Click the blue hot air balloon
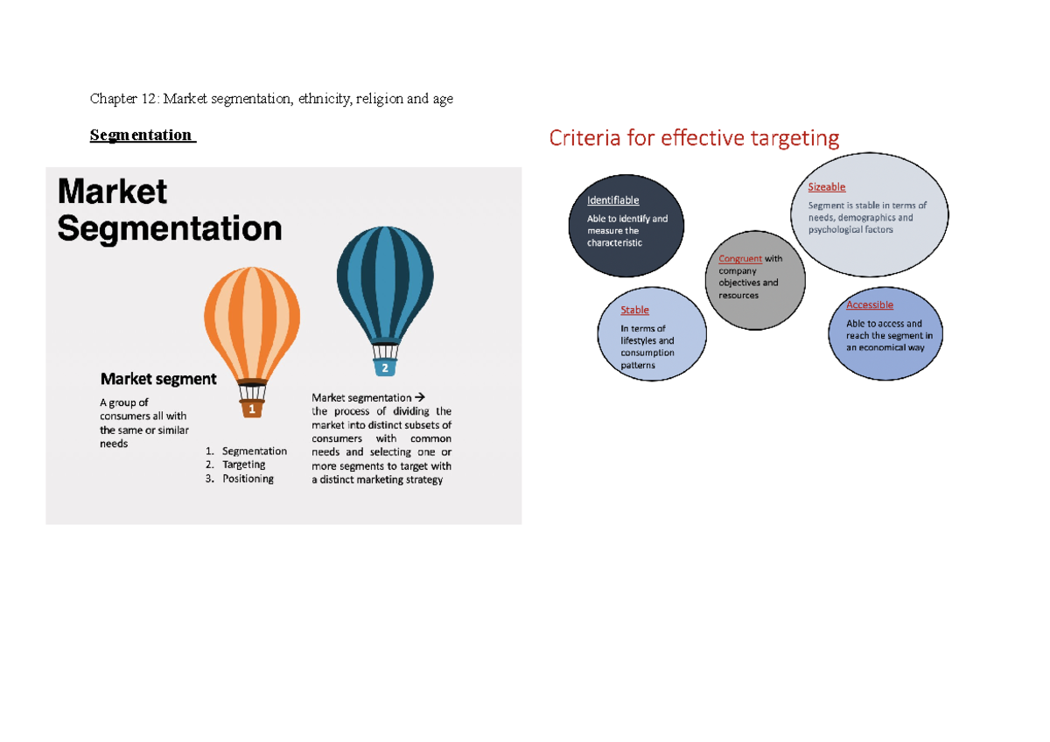[x=384, y=280]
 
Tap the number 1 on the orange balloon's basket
[x=252, y=409]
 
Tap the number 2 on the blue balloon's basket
[x=384, y=368]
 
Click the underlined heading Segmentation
[x=141, y=135]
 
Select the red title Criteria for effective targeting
[x=694, y=138]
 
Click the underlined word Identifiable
[x=613, y=200]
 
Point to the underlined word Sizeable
[x=827, y=186]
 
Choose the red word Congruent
[x=740, y=259]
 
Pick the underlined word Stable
[x=635, y=310]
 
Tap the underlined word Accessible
[x=870, y=304]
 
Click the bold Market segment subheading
[x=158, y=379]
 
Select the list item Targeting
[x=244, y=465]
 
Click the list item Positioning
[x=248, y=479]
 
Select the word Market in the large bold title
[x=112, y=192]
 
